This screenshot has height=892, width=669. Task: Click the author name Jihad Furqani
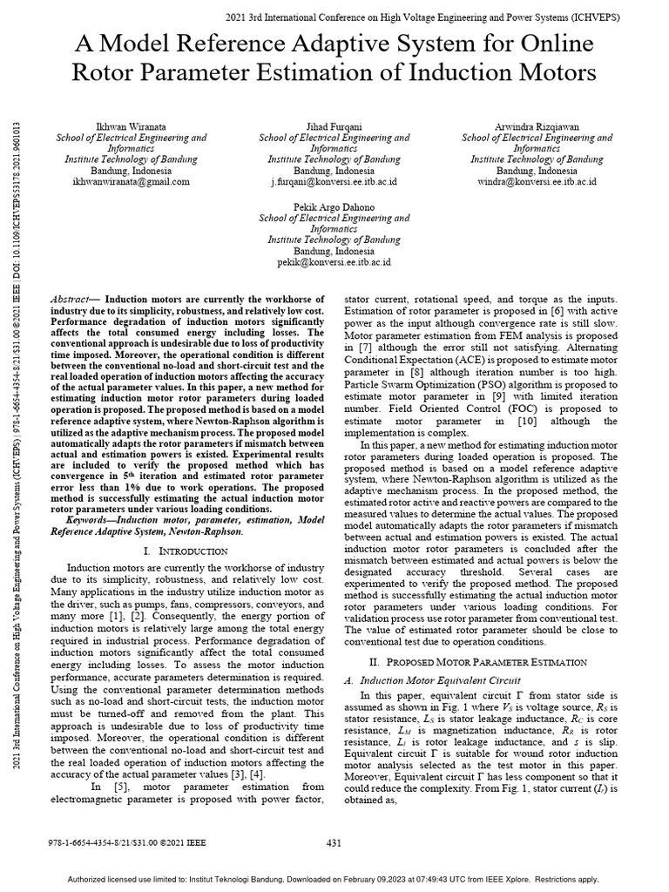[x=334, y=127]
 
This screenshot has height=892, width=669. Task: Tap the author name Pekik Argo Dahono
[x=334, y=207]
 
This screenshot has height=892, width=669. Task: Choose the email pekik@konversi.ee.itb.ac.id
[x=334, y=261]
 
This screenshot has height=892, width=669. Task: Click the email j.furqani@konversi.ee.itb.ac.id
[x=334, y=182]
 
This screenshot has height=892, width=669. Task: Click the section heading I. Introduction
[x=186, y=551]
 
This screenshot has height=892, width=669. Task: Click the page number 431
[x=334, y=843]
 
